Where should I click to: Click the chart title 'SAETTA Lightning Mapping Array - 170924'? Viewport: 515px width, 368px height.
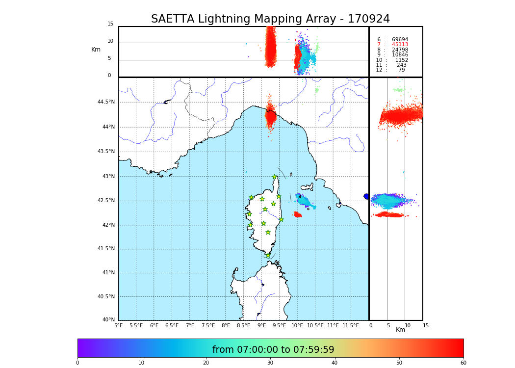270,19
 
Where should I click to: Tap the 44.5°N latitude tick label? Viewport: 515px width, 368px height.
106,102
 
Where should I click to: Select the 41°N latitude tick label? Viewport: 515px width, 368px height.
108,273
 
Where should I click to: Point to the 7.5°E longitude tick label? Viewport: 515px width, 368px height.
207,325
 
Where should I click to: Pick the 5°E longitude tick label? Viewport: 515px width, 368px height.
118,325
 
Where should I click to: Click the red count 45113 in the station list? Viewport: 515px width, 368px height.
400,45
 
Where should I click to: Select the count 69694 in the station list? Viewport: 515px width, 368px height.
400,40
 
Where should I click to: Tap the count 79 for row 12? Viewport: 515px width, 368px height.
402,70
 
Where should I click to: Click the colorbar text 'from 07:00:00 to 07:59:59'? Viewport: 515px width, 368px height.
273,350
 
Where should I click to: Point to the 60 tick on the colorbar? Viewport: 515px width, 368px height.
463,363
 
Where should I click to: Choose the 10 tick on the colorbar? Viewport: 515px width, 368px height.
141,363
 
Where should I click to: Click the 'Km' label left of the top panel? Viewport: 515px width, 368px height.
96,50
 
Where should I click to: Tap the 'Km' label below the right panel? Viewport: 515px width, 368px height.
400,330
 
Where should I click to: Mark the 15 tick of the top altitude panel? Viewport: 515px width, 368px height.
110,24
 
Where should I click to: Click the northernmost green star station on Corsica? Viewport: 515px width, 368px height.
275,177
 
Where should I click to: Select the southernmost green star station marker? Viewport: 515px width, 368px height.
268,255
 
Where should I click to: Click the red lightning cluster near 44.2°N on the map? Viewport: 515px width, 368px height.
270,117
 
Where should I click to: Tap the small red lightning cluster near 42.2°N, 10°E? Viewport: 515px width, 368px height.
297,214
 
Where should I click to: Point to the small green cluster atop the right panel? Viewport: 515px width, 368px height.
399,90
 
